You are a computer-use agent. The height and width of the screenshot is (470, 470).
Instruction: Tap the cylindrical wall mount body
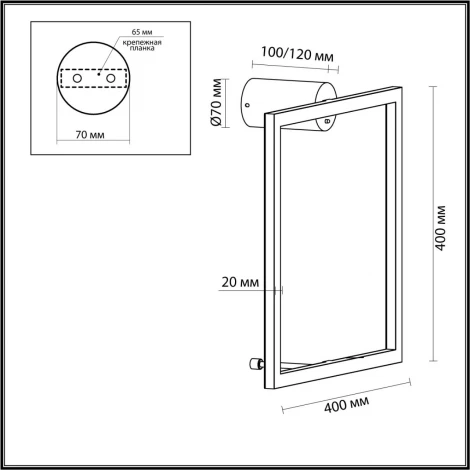290,98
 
